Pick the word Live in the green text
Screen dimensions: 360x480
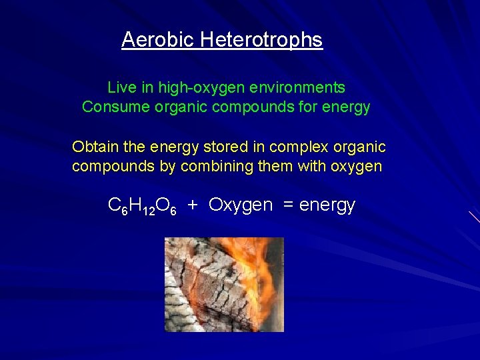coord(121,87)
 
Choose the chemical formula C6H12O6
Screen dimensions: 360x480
coord(142,207)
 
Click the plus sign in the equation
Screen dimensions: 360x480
coord(192,205)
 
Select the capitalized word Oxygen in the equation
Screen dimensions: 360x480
coord(241,205)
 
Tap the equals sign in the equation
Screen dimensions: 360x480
coord(288,205)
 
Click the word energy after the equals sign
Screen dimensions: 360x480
coord(327,205)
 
